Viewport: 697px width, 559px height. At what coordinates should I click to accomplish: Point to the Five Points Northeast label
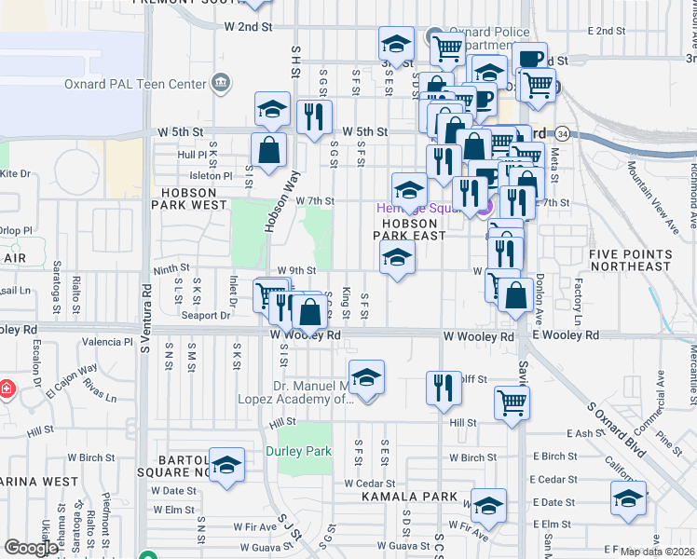630,260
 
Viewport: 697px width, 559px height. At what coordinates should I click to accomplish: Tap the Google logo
31,548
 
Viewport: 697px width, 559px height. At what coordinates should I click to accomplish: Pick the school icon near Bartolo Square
225,466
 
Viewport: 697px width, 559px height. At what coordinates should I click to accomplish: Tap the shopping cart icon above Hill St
512,402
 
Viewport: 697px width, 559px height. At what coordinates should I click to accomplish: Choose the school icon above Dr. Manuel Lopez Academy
367,377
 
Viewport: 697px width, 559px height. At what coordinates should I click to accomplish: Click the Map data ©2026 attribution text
658,552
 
